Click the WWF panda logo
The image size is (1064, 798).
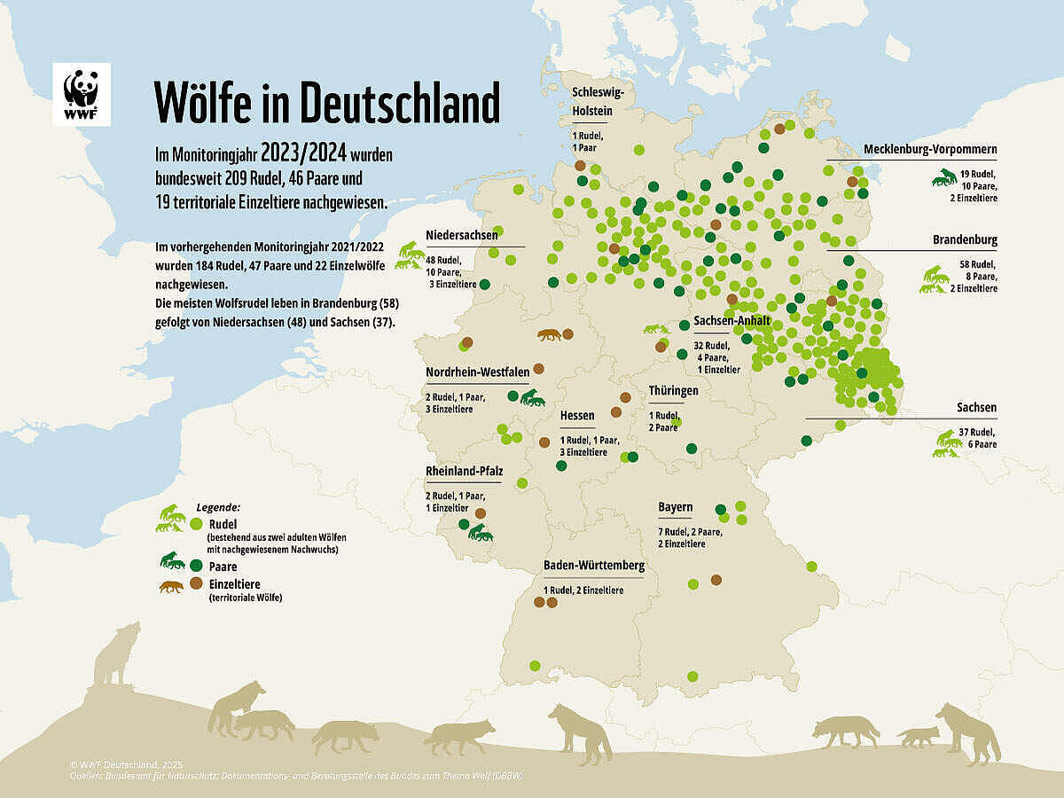[x=82, y=94]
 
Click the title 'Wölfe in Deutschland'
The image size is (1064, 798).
[x=327, y=103]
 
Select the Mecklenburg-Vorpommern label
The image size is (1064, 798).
[x=930, y=149]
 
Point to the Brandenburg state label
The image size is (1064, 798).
[x=965, y=240]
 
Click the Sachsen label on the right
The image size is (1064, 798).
[x=976, y=408]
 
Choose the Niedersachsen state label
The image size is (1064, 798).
[x=461, y=236]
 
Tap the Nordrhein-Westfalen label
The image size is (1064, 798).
[x=477, y=372]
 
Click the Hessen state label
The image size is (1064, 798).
[x=577, y=415]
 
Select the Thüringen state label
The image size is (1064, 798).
[x=673, y=390]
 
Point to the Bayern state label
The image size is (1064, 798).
[x=675, y=507]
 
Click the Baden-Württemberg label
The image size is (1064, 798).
[x=593, y=565]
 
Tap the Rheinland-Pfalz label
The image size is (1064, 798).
[x=464, y=471]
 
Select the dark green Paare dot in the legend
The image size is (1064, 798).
[x=196, y=565]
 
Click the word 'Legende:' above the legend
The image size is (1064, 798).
[x=217, y=508]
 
